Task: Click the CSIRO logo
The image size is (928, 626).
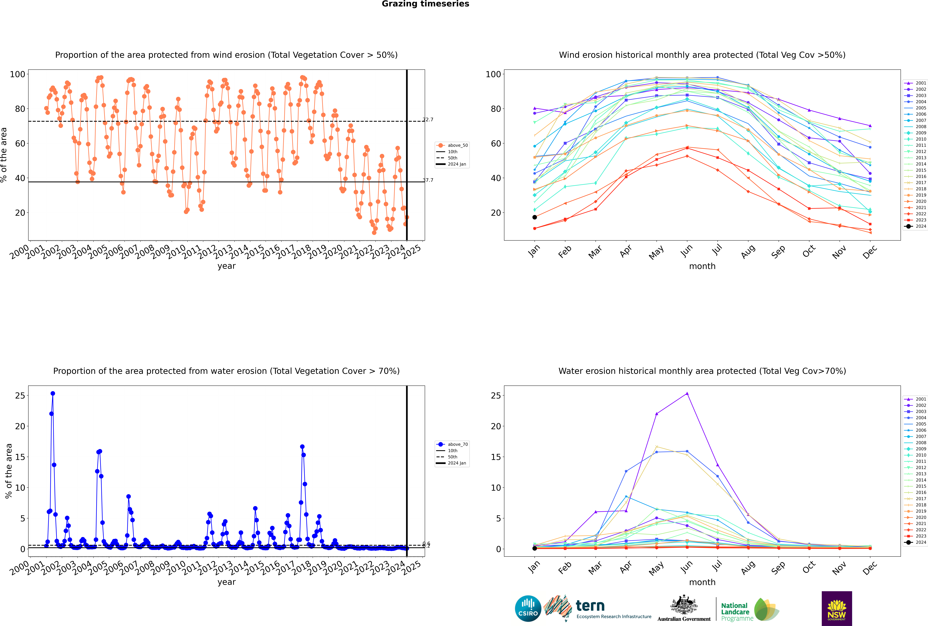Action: pos(528,608)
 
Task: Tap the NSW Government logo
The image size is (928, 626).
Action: pos(837,608)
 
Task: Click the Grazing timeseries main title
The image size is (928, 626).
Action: pos(425,4)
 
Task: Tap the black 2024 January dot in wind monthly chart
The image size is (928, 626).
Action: pos(535,217)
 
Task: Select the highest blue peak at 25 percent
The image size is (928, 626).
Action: pos(53,393)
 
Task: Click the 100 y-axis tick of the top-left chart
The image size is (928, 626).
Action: pos(18,74)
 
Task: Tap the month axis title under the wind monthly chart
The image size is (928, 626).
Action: pos(702,266)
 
